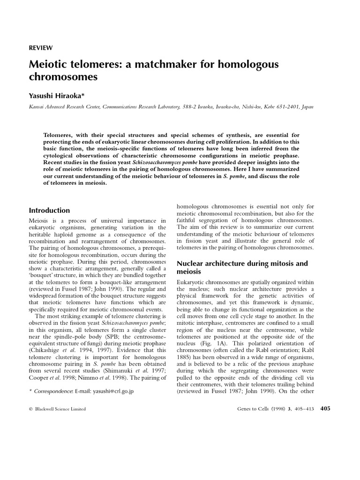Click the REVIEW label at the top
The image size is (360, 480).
tap(41, 48)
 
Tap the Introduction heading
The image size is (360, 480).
tap(49, 210)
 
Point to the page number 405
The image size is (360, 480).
tap(325, 409)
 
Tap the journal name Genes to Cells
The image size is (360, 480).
tap(256, 409)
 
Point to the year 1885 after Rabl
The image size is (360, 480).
tap(185, 357)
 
